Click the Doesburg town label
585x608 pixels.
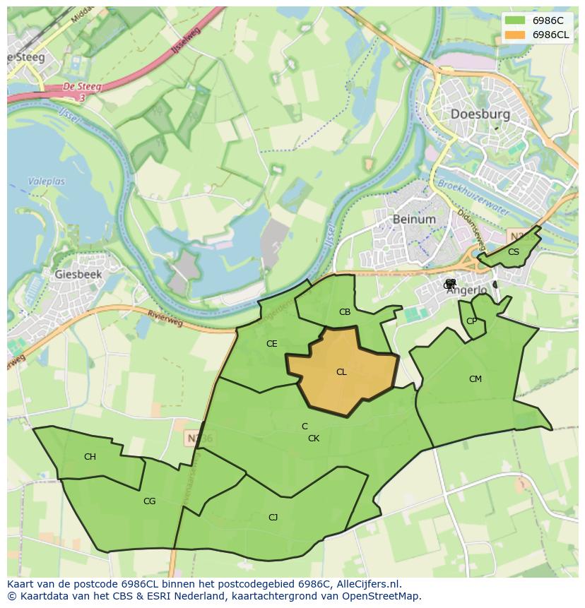[x=480, y=114]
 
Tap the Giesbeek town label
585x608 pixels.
[x=78, y=274]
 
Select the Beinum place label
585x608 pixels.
[x=414, y=219]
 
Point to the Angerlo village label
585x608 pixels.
[x=467, y=290]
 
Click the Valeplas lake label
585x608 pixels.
[x=47, y=181]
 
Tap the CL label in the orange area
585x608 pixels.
[x=341, y=372]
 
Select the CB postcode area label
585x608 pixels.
[x=345, y=312]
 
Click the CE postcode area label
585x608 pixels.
[x=271, y=344]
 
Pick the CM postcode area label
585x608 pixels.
[x=475, y=379]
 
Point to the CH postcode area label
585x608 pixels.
[x=90, y=457]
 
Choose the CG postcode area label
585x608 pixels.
[x=149, y=501]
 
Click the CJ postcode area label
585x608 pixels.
[x=273, y=518]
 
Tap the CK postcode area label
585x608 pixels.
[x=314, y=439]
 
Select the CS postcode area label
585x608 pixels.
[x=514, y=252]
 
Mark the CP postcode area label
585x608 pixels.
[x=471, y=321]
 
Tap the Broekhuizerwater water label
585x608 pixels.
[x=473, y=193]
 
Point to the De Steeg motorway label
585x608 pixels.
[x=82, y=87]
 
